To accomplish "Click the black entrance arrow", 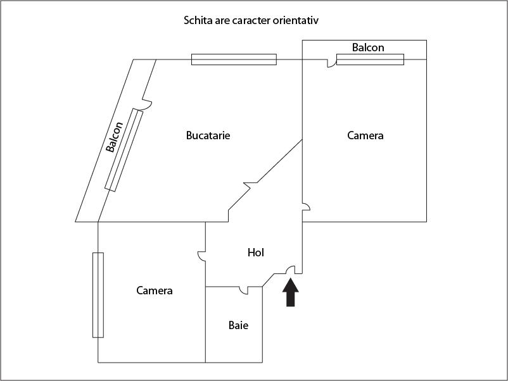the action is tap(291, 292).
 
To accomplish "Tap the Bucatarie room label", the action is tap(208, 135).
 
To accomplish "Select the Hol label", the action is tap(256, 253).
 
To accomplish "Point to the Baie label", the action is tap(238, 325).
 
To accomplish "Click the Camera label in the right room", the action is tap(365, 135).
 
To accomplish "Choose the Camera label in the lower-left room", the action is tap(154, 290).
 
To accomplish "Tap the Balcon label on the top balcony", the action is tap(368, 47).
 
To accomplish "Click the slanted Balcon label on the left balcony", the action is tap(115, 137).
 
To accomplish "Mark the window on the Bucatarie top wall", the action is tap(234, 59).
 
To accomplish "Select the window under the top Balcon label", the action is tap(371, 59).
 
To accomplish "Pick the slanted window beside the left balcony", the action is tap(124, 150).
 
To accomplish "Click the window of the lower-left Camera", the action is tap(98, 295).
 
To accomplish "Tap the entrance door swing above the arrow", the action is tap(291, 270).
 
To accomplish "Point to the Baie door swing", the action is tap(243, 290).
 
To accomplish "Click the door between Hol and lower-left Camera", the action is tap(201, 256).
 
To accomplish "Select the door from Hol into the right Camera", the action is tap(306, 207).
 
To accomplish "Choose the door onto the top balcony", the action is tap(331, 63).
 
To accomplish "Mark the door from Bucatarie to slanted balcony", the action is tap(147, 104).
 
